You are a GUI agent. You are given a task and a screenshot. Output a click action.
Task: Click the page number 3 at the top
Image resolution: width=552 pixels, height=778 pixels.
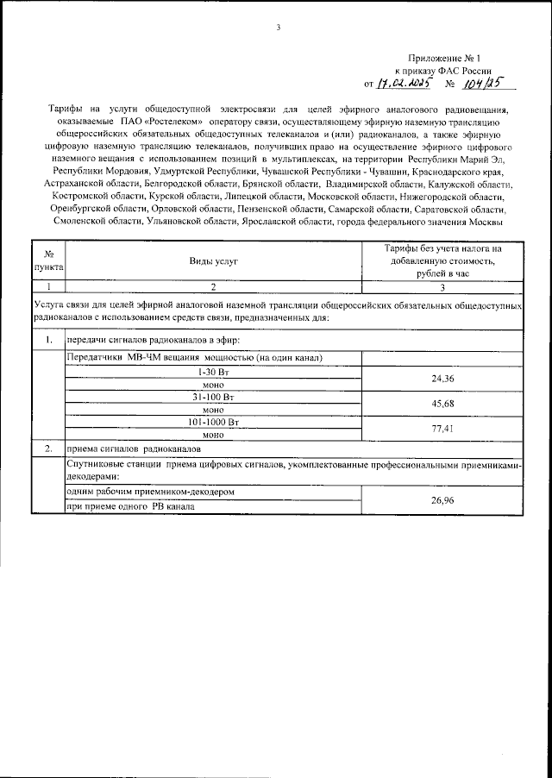point(278,28)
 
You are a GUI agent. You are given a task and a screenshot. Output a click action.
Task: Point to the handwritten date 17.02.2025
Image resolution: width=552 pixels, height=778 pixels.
point(402,85)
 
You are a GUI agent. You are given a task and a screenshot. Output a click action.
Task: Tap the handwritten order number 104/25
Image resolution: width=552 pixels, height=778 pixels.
point(480,85)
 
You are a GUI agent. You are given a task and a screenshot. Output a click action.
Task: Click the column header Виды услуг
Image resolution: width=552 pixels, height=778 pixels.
point(213,260)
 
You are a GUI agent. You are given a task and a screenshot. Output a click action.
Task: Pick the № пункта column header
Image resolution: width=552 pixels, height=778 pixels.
point(47,260)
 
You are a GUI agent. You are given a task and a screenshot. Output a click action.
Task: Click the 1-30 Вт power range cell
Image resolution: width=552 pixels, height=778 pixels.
point(213,370)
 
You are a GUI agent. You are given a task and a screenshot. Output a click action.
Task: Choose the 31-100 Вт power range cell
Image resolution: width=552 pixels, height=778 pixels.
point(213,397)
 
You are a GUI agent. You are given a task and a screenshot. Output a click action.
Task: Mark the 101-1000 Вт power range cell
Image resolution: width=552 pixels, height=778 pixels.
point(213,423)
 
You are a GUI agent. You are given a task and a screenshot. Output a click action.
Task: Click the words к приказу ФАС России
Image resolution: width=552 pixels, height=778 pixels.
point(443,70)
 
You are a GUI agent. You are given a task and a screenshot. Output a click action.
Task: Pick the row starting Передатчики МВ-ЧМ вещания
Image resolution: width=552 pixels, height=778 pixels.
point(194,356)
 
